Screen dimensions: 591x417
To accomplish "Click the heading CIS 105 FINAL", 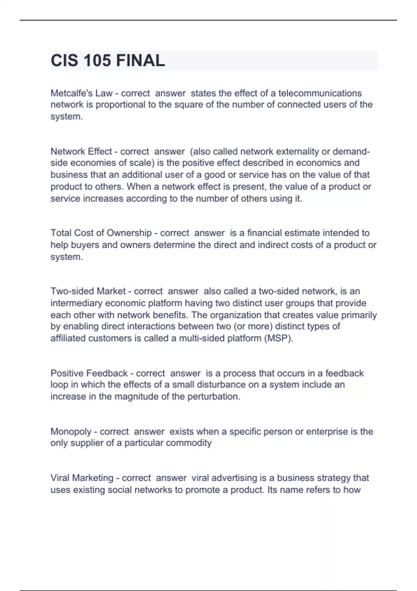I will click(108, 60).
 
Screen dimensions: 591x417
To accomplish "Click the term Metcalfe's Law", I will click(82, 93).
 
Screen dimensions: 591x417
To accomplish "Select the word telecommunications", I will click(320, 93).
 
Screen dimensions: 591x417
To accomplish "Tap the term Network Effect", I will click(81, 152).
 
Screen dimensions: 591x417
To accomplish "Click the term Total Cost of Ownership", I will click(101, 233).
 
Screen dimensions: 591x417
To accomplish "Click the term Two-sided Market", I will click(88, 291).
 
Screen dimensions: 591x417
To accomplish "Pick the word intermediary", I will click(76, 303).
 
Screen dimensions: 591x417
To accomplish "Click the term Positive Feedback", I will click(89, 373).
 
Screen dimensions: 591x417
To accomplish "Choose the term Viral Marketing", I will click(82, 478).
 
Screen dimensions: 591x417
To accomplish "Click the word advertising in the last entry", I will click(236, 478).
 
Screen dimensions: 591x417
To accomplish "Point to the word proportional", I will click(120, 105).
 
